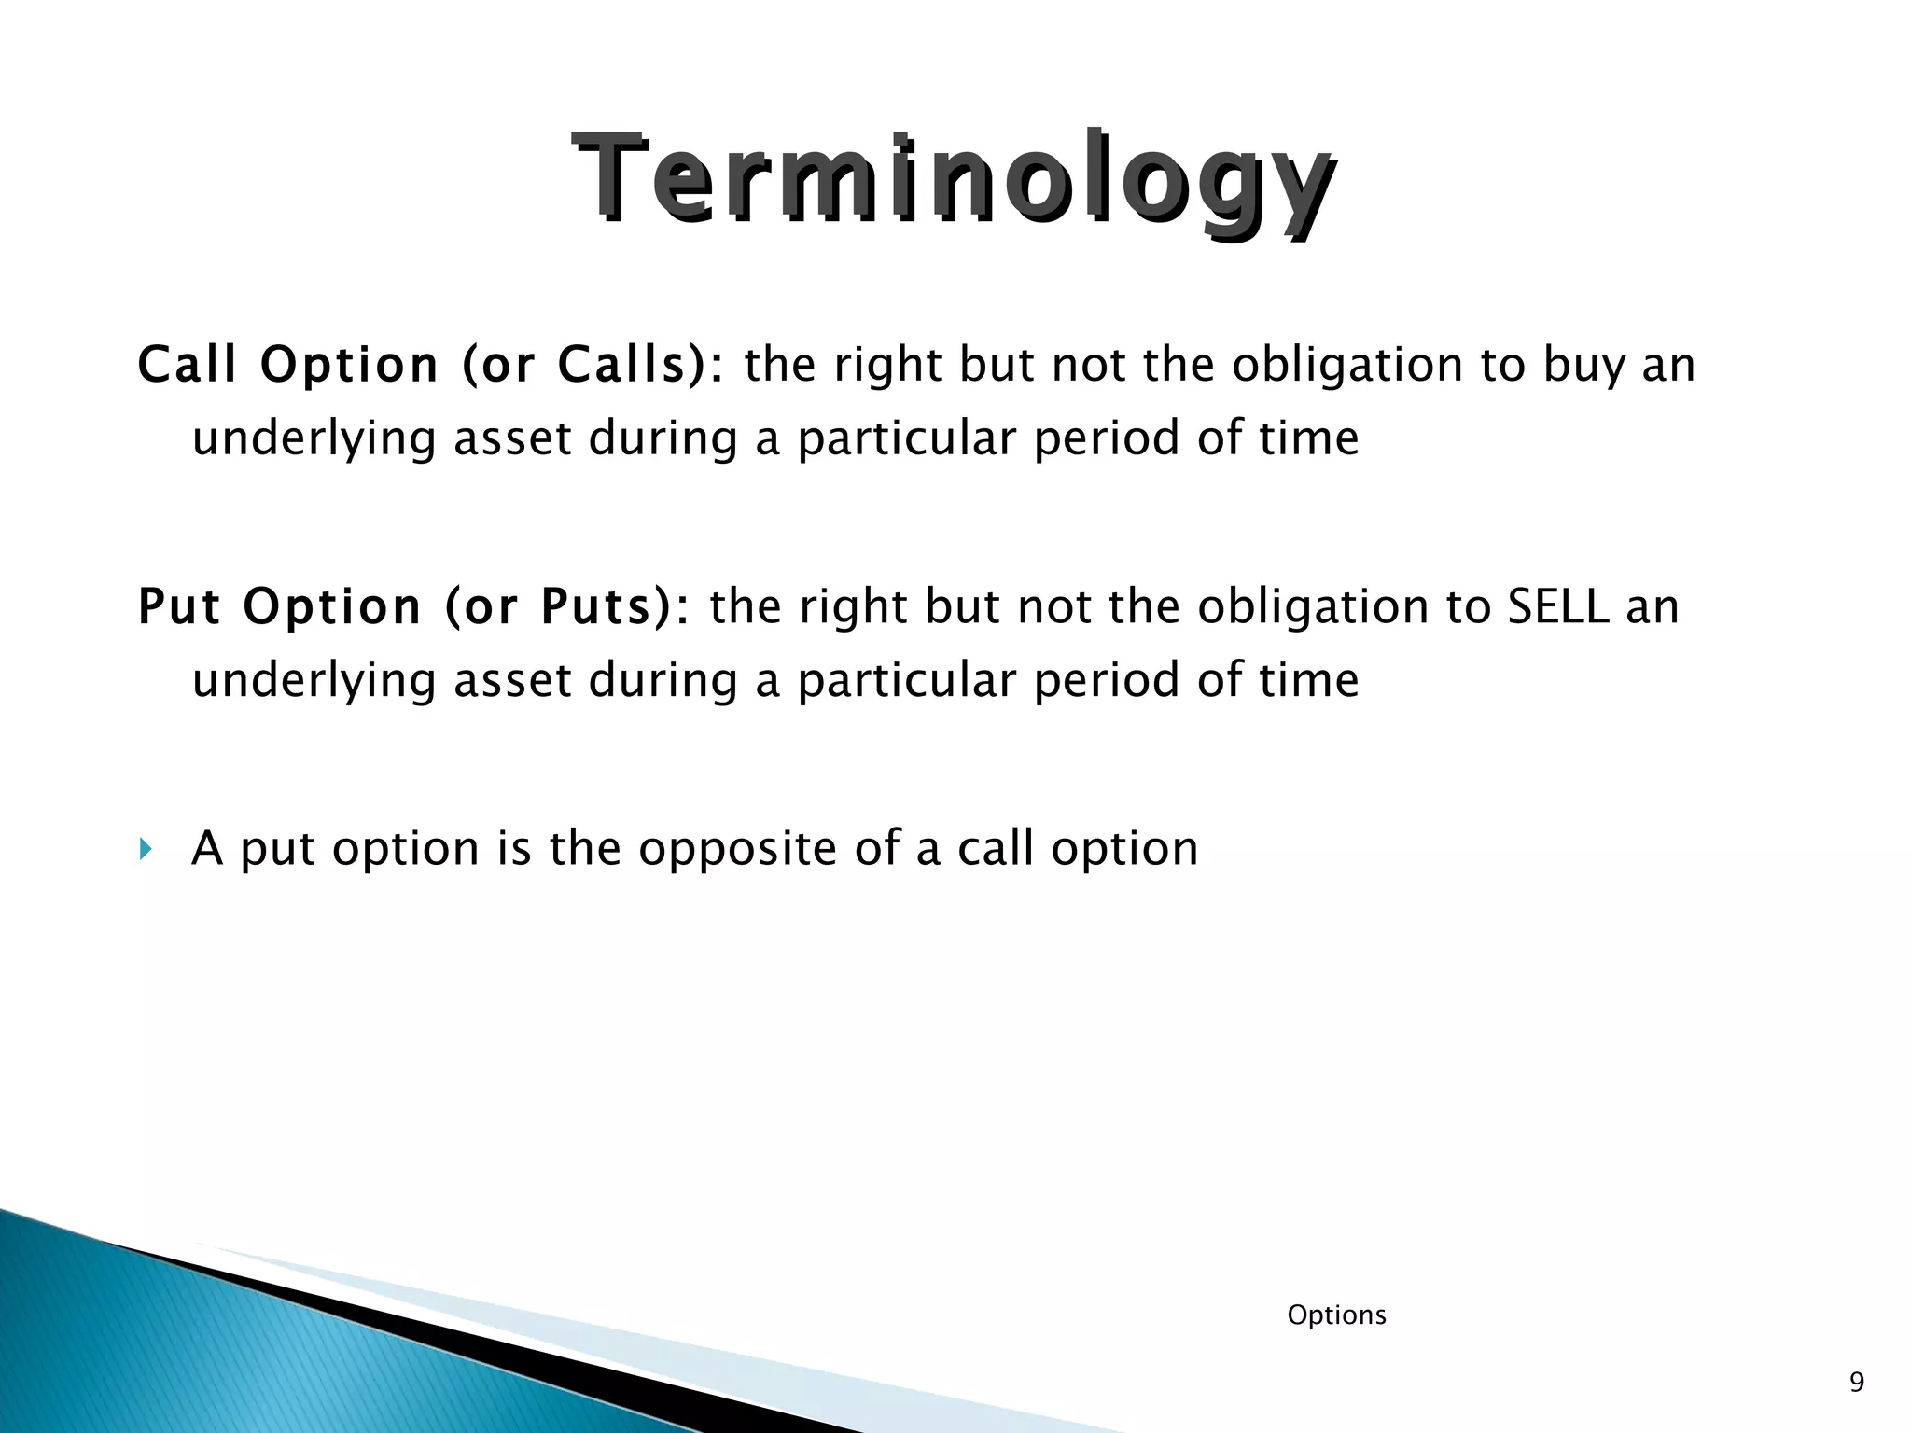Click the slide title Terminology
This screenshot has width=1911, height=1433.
tap(954, 179)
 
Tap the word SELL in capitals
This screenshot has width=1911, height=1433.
tap(1558, 606)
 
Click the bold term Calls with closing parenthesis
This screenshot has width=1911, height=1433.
tap(635, 365)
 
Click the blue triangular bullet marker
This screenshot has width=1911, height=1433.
tap(145, 849)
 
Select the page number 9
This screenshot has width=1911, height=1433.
tap(1856, 1382)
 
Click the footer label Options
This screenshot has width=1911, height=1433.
tap(1336, 1315)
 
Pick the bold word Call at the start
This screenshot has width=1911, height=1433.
tap(187, 365)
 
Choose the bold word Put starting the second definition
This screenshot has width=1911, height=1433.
tap(179, 606)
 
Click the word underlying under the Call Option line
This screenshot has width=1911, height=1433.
tap(314, 438)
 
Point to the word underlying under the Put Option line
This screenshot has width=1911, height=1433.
tap(314, 680)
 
